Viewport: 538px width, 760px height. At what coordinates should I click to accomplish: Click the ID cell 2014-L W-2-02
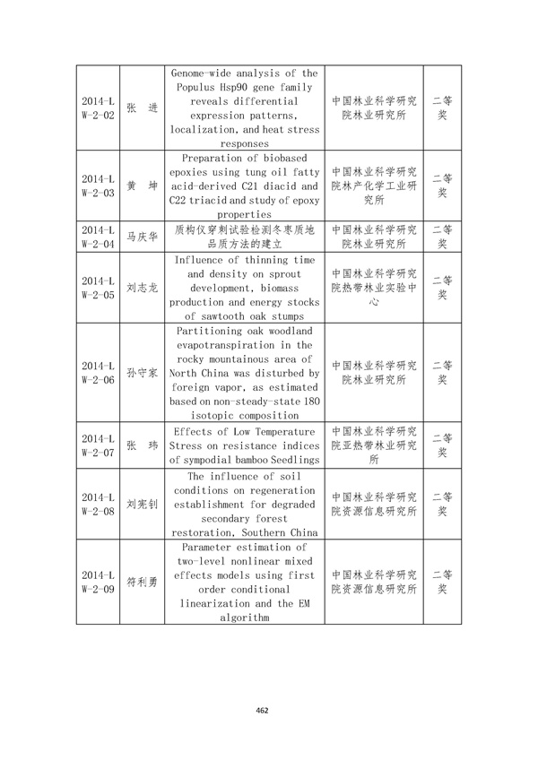[98, 108]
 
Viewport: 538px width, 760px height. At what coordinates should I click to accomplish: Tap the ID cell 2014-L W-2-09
[98, 582]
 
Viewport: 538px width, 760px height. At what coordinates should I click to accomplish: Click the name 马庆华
[142, 235]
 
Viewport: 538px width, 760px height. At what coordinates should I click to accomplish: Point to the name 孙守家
[142, 373]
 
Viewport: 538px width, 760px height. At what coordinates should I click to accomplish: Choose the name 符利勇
[142, 582]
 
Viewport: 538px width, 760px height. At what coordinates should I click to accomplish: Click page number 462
[263, 710]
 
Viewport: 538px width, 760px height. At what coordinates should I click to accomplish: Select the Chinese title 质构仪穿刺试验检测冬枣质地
[244, 229]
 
